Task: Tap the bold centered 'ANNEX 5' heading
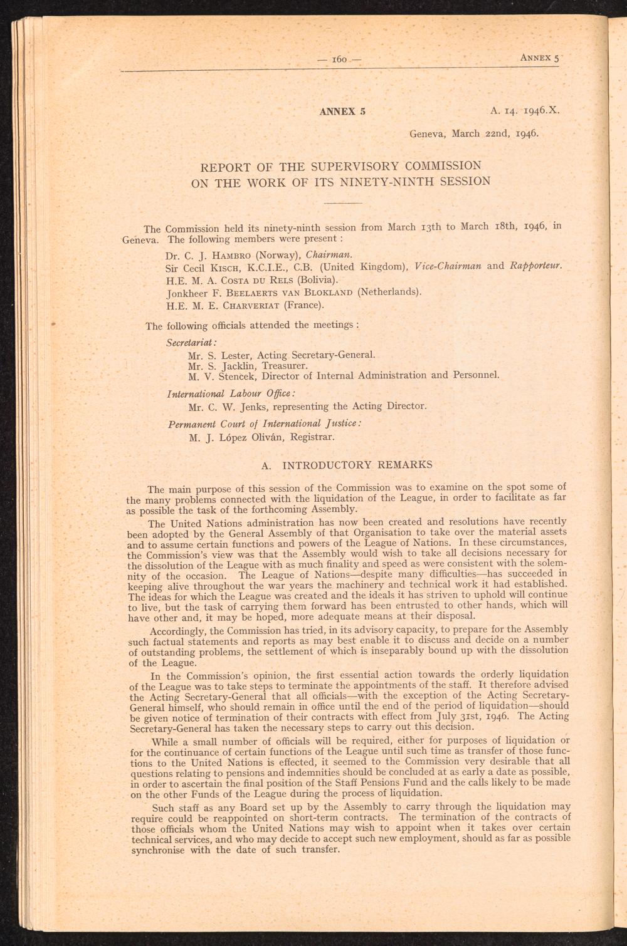pos(342,112)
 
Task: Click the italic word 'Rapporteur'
pos(535,266)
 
